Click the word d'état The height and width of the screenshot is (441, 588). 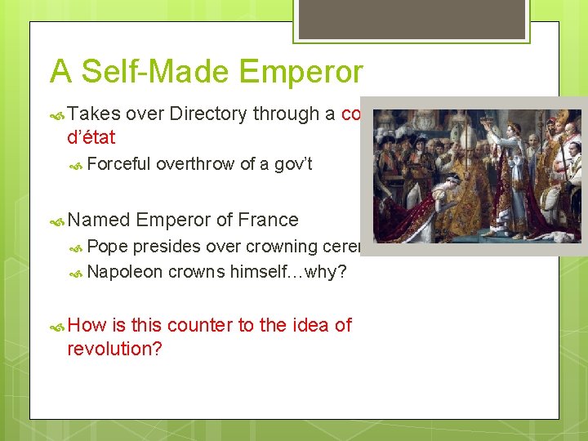[x=91, y=137]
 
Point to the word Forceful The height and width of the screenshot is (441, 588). [x=118, y=164]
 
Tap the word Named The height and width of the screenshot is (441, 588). [x=99, y=220]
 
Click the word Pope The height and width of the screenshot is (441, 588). [x=107, y=247]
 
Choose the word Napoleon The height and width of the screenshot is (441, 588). [x=124, y=272]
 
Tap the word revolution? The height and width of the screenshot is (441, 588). [x=114, y=349]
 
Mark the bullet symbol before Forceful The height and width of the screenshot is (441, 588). [x=77, y=165]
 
